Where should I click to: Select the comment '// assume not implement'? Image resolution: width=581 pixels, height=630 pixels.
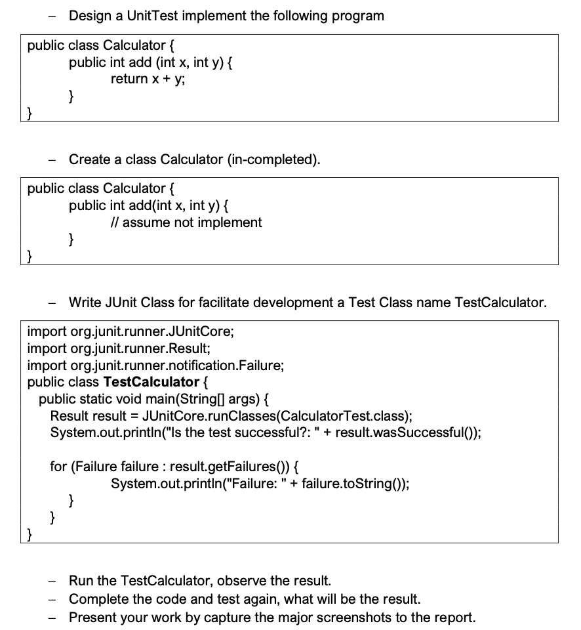click(x=187, y=222)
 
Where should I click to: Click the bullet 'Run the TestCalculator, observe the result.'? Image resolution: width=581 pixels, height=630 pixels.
click(x=200, y=581)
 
